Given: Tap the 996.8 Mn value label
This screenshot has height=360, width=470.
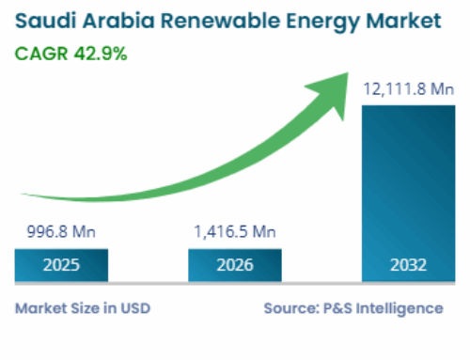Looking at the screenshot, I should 60,231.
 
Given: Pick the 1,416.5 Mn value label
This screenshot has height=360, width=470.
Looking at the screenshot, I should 234,231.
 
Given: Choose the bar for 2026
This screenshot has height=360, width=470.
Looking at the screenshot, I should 235,265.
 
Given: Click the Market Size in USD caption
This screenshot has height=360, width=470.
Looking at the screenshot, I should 83,307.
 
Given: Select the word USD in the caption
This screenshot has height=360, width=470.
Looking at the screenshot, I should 135,307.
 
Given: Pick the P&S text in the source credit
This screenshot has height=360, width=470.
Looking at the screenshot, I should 337,307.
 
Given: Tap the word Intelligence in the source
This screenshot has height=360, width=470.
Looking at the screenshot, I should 402,307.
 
